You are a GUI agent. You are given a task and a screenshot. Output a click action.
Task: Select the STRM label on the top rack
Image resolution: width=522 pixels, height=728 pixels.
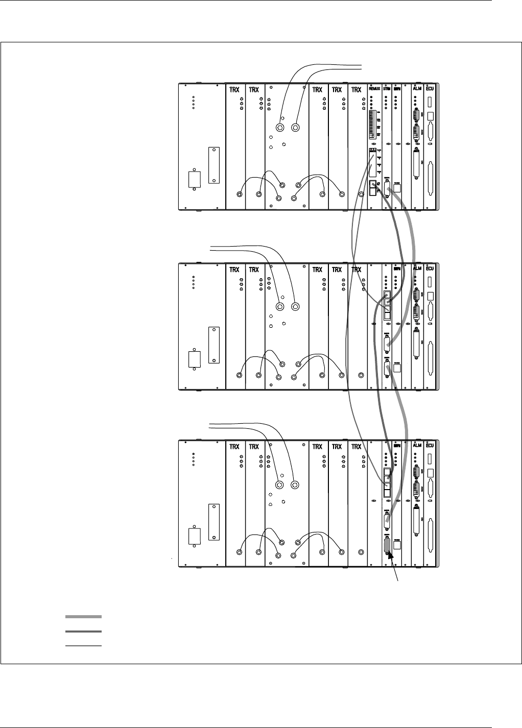[387, 89]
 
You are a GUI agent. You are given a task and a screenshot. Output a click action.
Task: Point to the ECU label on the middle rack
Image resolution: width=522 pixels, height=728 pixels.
[430, 269]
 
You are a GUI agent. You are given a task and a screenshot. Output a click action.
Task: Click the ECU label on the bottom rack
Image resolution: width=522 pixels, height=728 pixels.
[430, 447]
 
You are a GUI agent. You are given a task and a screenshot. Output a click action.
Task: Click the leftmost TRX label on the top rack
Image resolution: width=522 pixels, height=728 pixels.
[234, 89]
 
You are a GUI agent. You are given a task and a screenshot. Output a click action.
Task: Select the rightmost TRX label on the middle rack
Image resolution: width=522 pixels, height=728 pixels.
[357, 269]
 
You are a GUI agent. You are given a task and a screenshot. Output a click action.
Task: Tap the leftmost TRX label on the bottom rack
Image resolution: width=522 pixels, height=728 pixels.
[234, 447]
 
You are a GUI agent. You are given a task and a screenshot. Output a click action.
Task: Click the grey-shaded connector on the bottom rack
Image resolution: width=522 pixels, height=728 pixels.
[387, 547]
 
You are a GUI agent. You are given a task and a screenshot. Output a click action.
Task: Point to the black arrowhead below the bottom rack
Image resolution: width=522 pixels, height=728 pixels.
[391, 559]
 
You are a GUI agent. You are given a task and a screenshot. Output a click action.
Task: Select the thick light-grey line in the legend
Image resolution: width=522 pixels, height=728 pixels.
[84, 617]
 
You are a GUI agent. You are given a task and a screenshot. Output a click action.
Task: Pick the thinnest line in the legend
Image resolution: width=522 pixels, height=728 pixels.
[84, 646]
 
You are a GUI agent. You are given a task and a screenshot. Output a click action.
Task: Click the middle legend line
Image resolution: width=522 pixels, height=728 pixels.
[84, 632]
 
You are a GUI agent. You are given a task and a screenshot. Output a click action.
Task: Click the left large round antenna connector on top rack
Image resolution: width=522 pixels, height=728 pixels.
[279, 128]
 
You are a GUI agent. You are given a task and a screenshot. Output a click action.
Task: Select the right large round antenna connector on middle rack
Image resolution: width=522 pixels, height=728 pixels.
[295, 307]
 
